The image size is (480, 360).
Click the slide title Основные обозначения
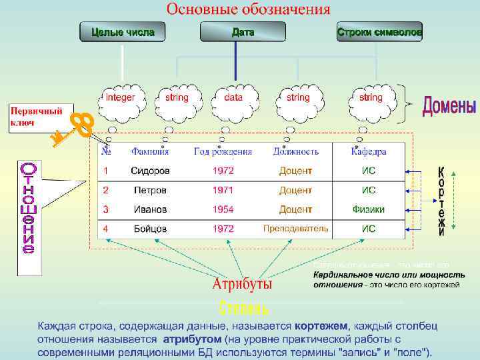coord(248,9)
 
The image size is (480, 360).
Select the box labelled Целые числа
coord(123,32)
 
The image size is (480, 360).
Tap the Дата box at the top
coord(243,32)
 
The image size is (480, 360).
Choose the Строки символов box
coord(379,32)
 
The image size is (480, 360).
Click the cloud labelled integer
coord(120,98)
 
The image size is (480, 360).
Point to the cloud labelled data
coord(233,98)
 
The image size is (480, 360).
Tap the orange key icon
coord(74,129)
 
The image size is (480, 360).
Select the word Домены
coord(449,107)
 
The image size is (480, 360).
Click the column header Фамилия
coord(150,151)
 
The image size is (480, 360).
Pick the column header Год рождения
coord(223,151)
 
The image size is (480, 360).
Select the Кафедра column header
coord(369,151)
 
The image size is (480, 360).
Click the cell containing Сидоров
coord(150,171)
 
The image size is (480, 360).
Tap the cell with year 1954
coord(223,209)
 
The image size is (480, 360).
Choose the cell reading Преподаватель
coord(295,229)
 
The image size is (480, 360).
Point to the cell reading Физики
coord(369,209)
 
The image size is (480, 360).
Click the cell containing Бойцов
coord(150,229)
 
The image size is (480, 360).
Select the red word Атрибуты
coord(242,285)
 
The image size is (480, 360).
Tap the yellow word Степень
coord(244,308)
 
